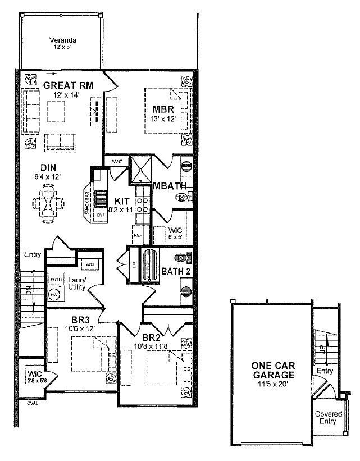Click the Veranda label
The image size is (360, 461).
coord(62,40)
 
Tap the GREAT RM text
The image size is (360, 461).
coord(68,85)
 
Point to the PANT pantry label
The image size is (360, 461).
coord(116,161)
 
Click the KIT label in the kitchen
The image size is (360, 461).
coord(122,200)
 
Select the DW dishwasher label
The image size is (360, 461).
coord(99,214)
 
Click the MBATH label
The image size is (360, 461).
coord(166,187)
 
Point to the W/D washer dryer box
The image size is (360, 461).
coord(89,263)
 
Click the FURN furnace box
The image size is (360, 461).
coord(56,279)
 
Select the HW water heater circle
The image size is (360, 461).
coord(55,294)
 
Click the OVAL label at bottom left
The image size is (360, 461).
coord(32,403)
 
